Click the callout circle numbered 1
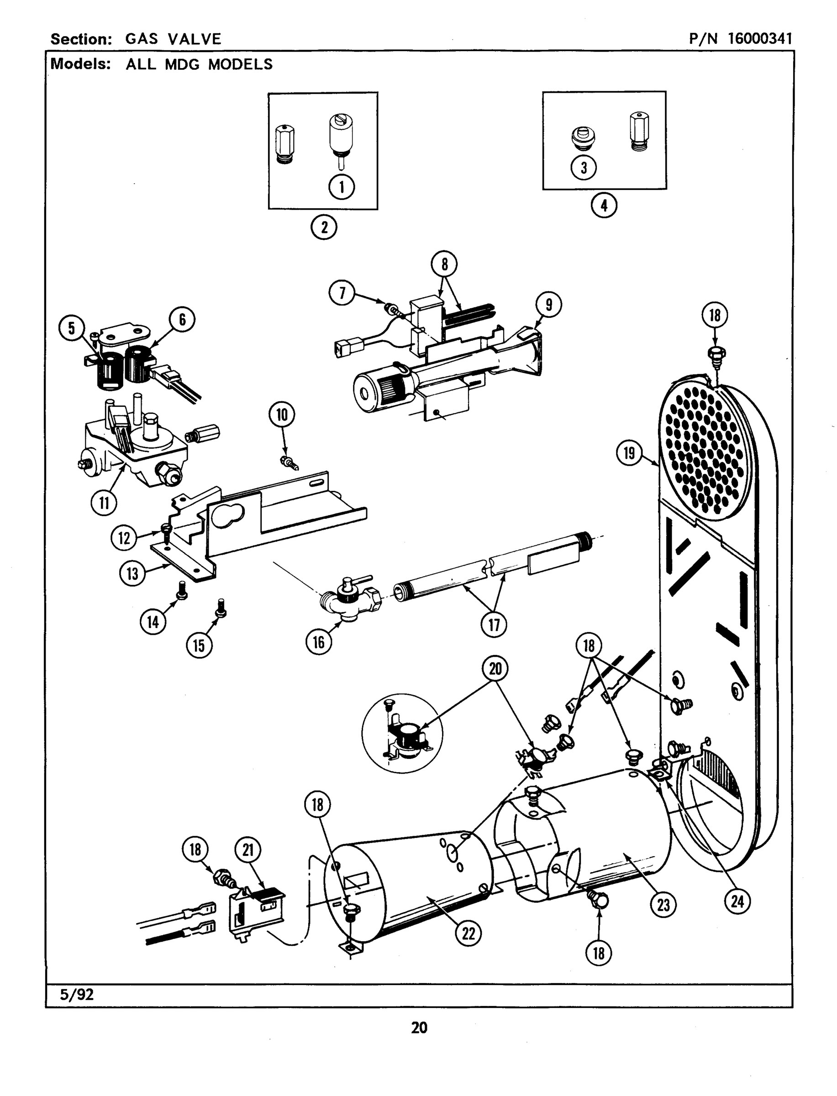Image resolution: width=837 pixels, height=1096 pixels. [x=341, y=187]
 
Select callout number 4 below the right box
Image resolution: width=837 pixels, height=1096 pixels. [x=604, y=205]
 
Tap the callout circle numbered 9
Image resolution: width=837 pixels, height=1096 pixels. [x=548, y=305]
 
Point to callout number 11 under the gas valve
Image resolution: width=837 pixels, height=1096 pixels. [x=104, y=503]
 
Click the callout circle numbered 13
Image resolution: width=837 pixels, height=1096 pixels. [x=132, y=574]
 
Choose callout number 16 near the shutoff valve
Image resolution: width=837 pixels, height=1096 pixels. [x=318, y=642]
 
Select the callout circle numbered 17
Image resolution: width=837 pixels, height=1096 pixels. [x=493, y=624]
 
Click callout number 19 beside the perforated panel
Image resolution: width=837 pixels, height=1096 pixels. [x=629, y=453]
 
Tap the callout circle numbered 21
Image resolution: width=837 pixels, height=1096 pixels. [x=247, y=849]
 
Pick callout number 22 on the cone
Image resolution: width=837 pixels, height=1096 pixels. [x=469, y=933]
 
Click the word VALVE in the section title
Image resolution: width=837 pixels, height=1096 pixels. [x=195, y=39]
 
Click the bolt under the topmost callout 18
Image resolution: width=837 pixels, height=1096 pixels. [x=716, y=354]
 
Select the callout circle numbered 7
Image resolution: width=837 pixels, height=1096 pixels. [x=342, y=293]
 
